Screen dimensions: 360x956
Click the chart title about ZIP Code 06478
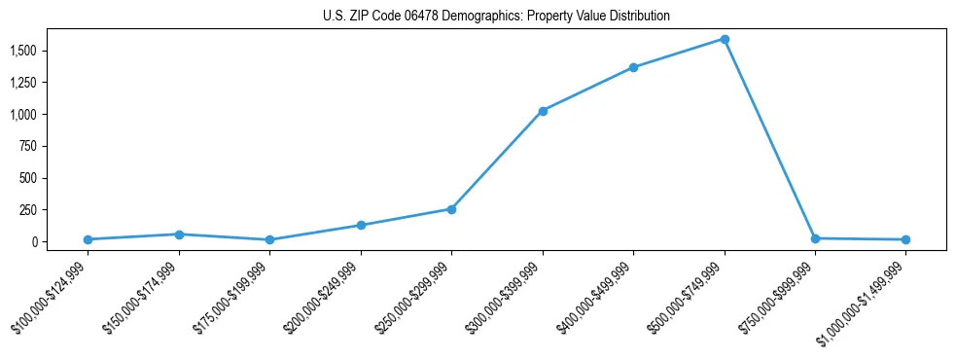click(496, 17)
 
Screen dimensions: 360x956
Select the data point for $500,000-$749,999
click(725, 39)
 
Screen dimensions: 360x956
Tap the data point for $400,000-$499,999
click(633, 67)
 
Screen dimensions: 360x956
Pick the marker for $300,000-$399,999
click(543, 111)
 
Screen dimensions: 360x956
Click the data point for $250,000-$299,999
click(451, 209)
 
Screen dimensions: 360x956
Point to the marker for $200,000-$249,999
click(361, 225)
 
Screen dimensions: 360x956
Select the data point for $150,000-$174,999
click(179, 234)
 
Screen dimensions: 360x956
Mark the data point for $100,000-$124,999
click(88, 239)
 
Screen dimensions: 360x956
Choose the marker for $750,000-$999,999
click(815, 238)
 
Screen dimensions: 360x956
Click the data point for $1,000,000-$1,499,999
click(905, 239)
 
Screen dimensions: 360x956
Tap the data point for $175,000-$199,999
click(269, 239)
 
